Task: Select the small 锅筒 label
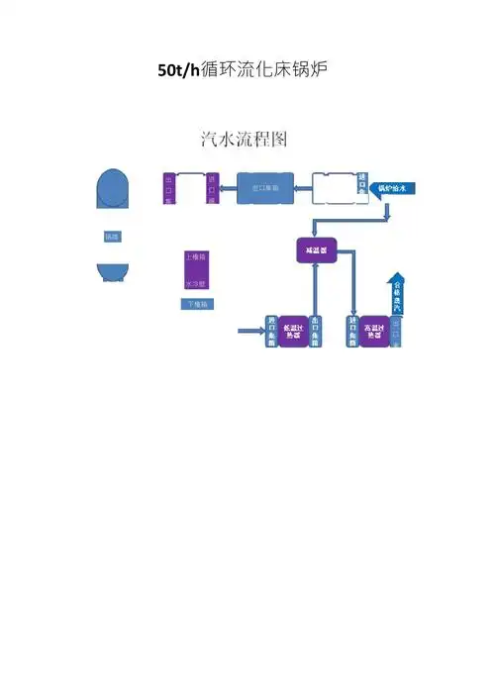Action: click(111, 238)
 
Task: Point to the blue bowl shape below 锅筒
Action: click(112, 272)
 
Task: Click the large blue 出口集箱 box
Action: click(264, 187)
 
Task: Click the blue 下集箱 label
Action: click(196, 304)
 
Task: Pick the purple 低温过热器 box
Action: click(293, 332)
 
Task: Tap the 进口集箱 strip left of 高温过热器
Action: click(352, 332)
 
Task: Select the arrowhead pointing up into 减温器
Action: click(316, 270)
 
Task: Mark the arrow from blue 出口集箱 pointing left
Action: click(228, 187)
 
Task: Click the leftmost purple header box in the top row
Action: click(169, 188)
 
